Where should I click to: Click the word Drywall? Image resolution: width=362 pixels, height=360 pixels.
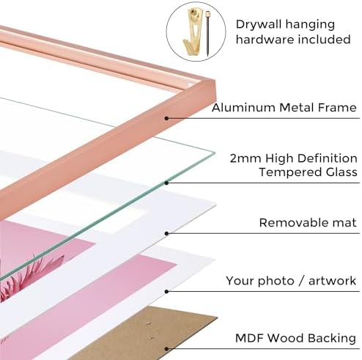(x=258, y=25)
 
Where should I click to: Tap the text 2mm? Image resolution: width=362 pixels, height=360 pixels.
(x=245, y=158)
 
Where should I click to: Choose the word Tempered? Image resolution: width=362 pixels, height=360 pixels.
(x=290, y=172)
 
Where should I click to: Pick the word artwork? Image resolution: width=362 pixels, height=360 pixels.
(x=332, y=281)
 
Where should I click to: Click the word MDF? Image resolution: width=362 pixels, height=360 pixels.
(x=249, y=338)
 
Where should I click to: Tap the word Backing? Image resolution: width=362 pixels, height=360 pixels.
(x=331, y=339)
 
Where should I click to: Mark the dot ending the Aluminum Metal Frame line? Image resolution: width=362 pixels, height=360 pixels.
(x=166, y=119)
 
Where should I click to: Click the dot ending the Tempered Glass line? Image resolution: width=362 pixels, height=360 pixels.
(x=166, y=183)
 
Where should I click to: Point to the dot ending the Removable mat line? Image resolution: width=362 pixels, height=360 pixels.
(x=166, y=234)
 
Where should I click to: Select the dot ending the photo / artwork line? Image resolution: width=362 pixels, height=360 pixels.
(x=166, y=292)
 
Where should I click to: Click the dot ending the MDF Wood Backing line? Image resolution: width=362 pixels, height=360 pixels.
(x=166, y=349)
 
